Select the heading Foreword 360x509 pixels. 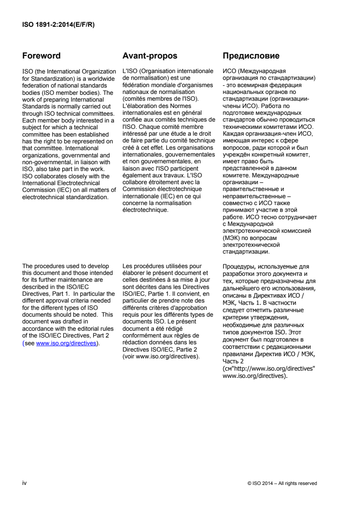click(41, 56)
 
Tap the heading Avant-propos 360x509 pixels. click(150, 56)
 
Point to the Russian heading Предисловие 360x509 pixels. click(251, 56)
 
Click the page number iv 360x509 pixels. click(25, 483)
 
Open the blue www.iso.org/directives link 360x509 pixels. click(66, 343)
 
